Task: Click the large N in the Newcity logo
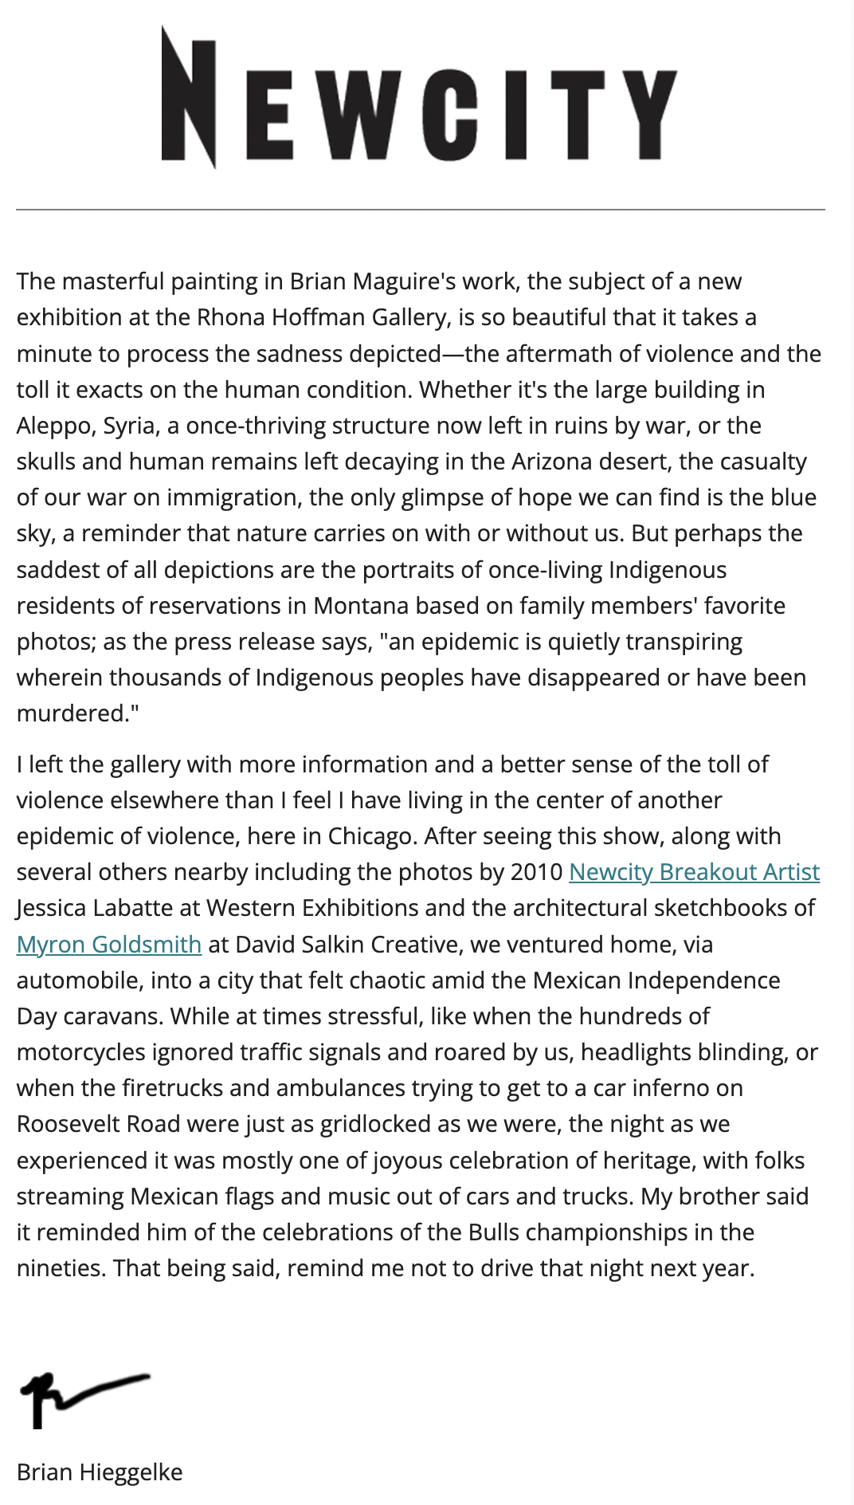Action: click(188, 97)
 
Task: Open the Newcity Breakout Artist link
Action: click(694, 872)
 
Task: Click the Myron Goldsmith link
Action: click(109, 945)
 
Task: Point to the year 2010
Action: click(536, 872)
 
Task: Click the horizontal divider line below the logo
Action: click(421, 210)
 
